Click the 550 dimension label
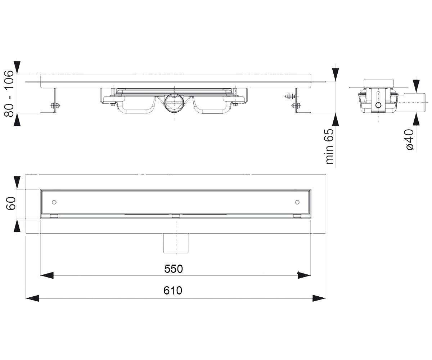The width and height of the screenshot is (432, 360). (x=174, y=269)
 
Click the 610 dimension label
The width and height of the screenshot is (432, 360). (x=173, y=291)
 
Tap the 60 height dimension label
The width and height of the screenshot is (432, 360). (x=11, y=204)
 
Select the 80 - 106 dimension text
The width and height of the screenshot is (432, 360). (x=9, y=94)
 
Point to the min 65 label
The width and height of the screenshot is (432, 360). (x=330, y=146)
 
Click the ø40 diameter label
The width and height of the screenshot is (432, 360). (x=410, y=140)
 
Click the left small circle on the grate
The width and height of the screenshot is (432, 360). (x=54, y=202)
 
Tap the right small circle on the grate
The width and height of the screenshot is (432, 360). (x=297, y=202)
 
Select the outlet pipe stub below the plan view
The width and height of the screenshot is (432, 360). (x=176, y=243)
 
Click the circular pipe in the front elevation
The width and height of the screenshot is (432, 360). (x=174, y=103)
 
